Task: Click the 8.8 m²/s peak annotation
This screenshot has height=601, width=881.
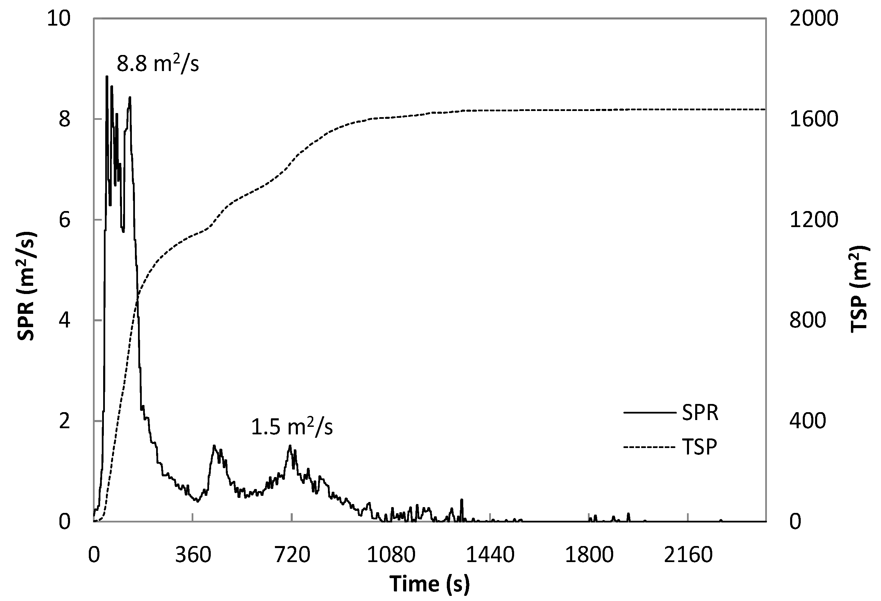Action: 158,63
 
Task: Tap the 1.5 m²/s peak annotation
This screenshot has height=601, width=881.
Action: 292,427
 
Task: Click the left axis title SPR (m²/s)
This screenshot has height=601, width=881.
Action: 27,286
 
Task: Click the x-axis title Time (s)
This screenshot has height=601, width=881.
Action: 430,583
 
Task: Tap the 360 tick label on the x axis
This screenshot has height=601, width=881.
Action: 193,555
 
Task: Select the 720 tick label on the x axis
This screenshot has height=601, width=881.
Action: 292,555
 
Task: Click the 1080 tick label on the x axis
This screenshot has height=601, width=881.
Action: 391,555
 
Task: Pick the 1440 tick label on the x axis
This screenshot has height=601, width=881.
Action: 490,555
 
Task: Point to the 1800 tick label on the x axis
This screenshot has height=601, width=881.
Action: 590,555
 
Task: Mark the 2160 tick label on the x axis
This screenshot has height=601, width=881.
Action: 688,555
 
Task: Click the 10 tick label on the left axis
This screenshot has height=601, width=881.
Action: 59,18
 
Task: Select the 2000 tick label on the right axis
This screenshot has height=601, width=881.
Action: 813,18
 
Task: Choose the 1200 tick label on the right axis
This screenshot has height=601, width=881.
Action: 813,220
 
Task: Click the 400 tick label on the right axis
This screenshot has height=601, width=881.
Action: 808,421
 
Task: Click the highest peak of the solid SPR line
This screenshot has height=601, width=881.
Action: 107,76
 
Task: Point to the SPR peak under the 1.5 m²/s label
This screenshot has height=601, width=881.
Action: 290,446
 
